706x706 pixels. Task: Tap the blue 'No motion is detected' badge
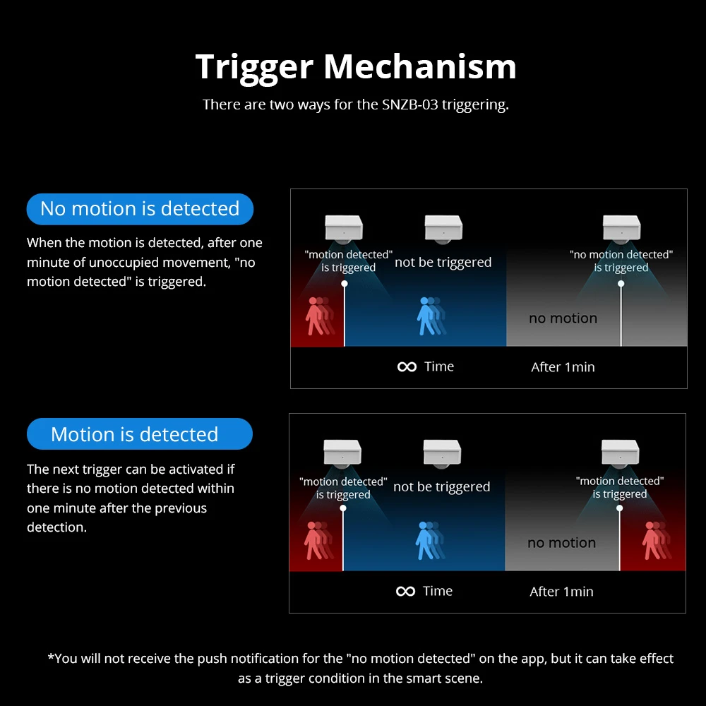tap(140, 209)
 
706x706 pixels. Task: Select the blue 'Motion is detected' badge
tap(140, 433)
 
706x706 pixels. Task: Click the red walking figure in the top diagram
tap(319, 316)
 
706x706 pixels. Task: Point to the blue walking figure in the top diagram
tap(431, 316)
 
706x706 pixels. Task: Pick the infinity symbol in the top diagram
tap(407, 367)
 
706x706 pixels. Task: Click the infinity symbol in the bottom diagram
tap(406, 591)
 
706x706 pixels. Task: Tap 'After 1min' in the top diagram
tap(563, 367)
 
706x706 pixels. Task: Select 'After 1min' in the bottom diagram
tap(561, 591)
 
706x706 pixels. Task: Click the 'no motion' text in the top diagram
tap(563, 318)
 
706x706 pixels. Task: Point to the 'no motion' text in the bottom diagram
tap(561, 542)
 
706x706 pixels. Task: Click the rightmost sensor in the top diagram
tap(621, 229)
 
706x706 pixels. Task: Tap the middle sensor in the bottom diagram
tap(442, 453)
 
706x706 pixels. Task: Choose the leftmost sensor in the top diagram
tap(344, 229)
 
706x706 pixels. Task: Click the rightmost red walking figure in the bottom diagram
tap(657, 540)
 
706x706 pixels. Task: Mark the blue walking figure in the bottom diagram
tap(429, 540)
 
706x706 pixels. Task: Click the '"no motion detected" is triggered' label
tap(621, 261)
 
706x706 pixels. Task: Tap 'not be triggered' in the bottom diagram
tap(442, 486)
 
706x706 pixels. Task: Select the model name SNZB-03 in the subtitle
tap(409, 104)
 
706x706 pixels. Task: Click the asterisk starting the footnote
tap(51, 657)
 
